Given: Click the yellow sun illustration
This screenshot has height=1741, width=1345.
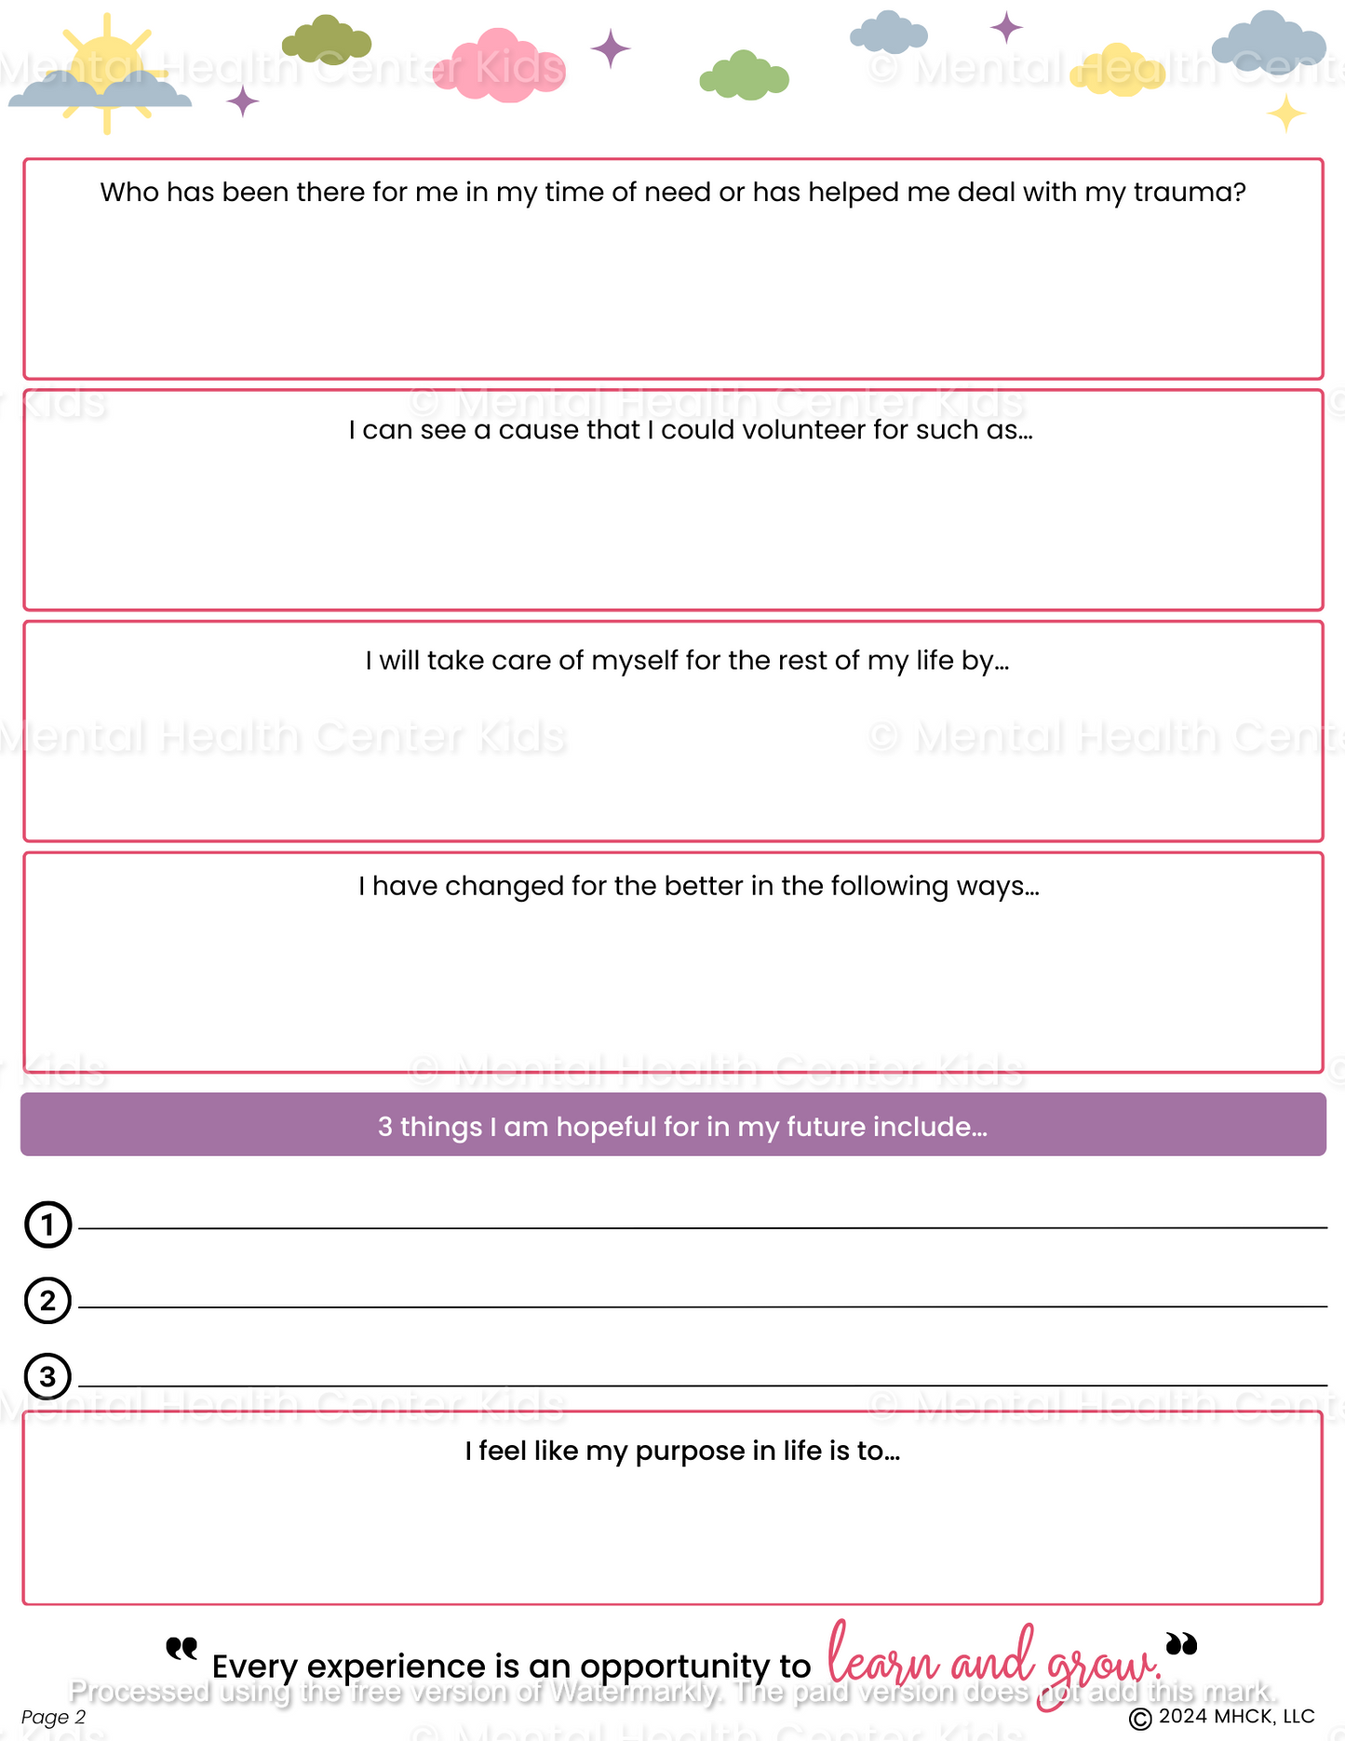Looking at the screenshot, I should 106,65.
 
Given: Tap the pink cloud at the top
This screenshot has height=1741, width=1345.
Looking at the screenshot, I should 500,66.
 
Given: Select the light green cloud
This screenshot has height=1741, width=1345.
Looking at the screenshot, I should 744,76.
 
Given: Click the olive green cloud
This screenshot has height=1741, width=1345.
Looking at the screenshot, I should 327,40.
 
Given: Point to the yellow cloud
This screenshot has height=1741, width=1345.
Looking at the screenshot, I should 1117,71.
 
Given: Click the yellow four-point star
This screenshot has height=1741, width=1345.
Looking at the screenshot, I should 1286,114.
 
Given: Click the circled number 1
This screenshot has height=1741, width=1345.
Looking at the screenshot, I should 47,1225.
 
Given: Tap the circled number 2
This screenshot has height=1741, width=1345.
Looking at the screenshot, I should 47,1301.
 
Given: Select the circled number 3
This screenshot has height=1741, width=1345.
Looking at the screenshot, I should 47,1376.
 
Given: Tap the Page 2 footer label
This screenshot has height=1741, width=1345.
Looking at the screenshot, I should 53,1717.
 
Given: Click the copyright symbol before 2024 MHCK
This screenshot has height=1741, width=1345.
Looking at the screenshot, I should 1140,1719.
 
